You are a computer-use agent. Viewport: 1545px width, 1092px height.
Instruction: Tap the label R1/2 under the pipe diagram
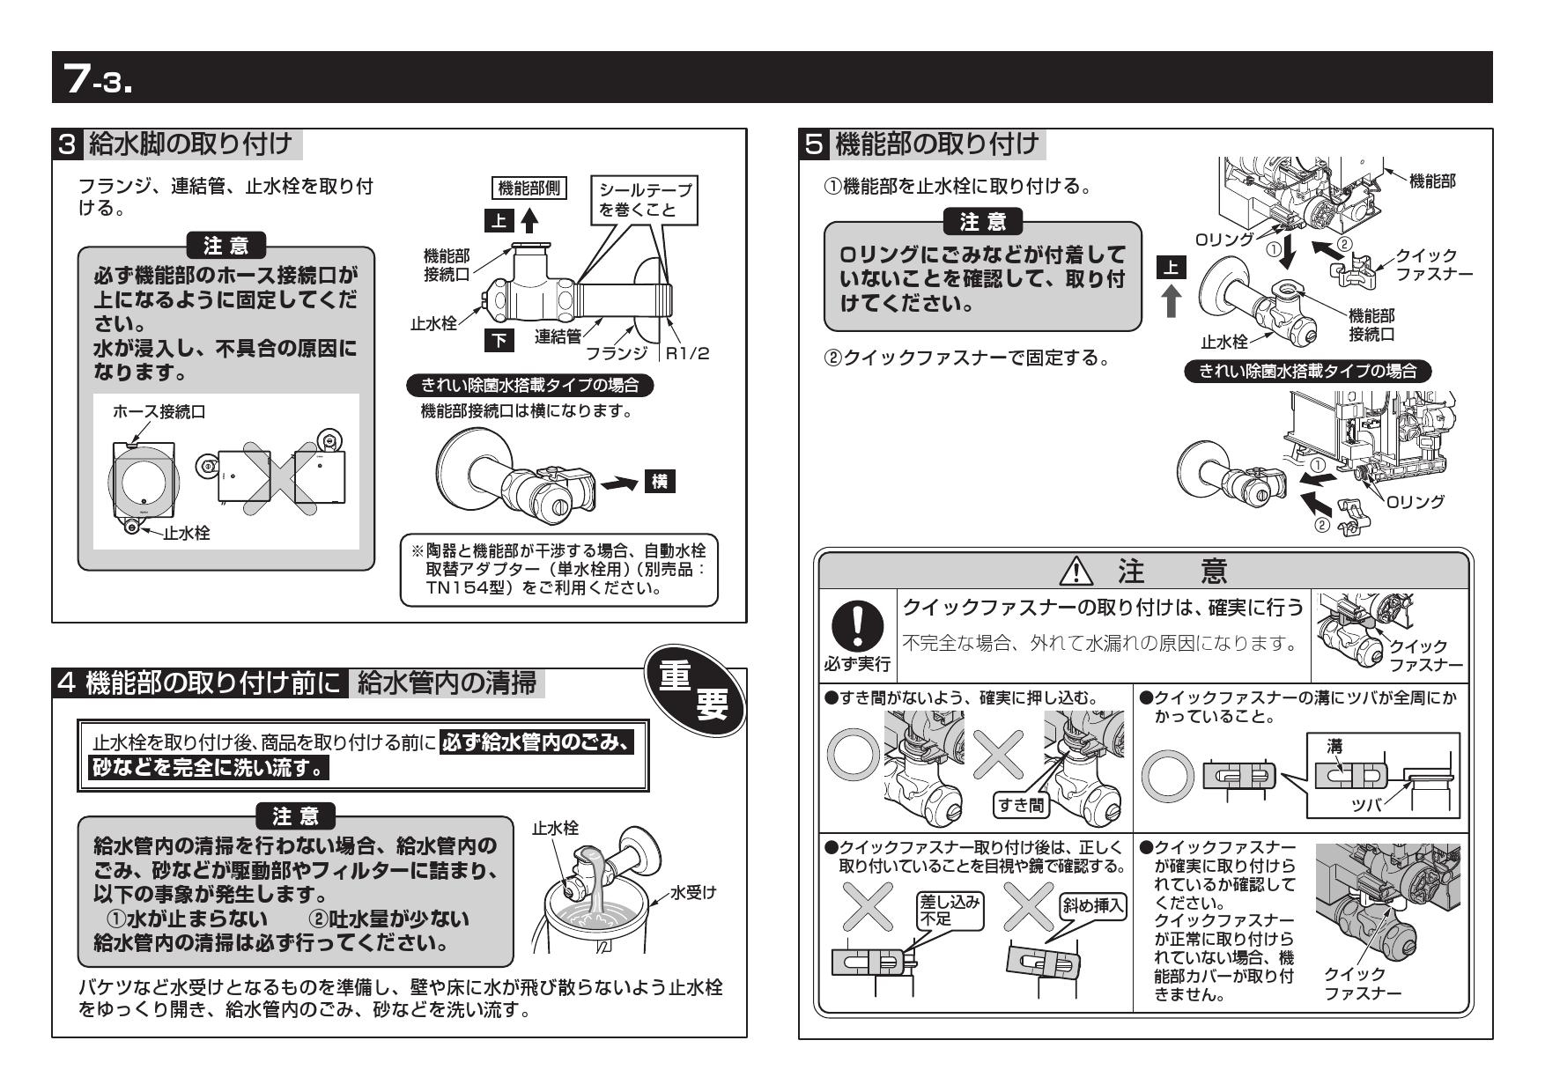click(x=687, y=354)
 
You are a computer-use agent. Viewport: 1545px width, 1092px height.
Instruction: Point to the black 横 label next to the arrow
click(x=660, y=482)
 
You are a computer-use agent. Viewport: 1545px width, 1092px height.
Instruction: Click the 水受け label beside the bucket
click(x=693, y=893)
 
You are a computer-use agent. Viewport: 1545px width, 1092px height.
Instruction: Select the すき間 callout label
click(x=1020, y=804)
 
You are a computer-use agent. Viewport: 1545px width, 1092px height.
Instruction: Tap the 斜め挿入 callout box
click(x=1093, y=907)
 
